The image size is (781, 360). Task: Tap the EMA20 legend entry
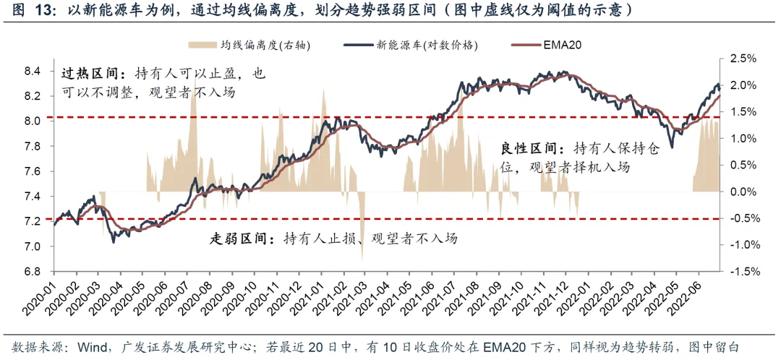click(562, 45)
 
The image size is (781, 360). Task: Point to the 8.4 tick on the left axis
click(33, 71)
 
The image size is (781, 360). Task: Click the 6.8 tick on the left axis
click(33, 272)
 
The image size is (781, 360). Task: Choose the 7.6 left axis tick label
click(33, 171)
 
